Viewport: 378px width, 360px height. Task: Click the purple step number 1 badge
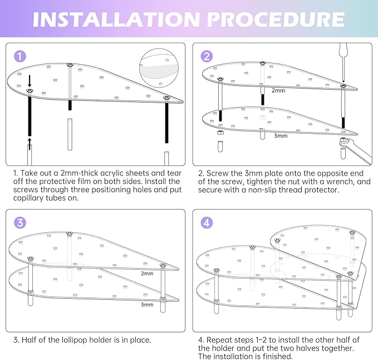point(20,56)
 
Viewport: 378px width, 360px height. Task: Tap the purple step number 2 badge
point(207,56)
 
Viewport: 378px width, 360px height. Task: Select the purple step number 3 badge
point(20,222)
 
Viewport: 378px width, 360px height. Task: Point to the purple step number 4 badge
point(207,222)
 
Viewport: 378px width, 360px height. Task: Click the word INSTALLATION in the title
point(116,20)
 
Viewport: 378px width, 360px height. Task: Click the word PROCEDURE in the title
point(276,20)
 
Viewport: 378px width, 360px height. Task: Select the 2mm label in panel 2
point(278,90)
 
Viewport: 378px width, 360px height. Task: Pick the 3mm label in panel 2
point(281,135)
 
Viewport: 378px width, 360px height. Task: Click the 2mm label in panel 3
point(147,274)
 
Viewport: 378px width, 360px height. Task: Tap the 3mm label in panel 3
point(147,304)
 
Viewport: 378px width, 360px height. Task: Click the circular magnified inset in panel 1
point(159,68)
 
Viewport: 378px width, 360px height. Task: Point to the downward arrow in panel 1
point(30,81)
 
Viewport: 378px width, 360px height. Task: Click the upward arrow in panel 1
point(30,144)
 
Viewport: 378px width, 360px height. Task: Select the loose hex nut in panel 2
point(220,133)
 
